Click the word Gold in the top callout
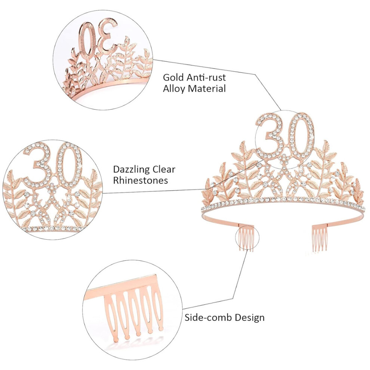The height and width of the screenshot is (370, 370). point(173,77)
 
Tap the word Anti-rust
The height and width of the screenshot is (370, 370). point(206,77)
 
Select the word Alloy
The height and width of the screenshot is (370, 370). point(174,89)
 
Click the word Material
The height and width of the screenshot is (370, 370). point(207,89)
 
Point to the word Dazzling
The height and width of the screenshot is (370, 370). point(131,170)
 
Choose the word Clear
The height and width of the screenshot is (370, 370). point(164,169)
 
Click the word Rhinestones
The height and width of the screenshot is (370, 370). point(141,181)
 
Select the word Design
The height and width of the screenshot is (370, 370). point(250,318)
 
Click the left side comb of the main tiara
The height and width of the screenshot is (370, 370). point(246,238)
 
